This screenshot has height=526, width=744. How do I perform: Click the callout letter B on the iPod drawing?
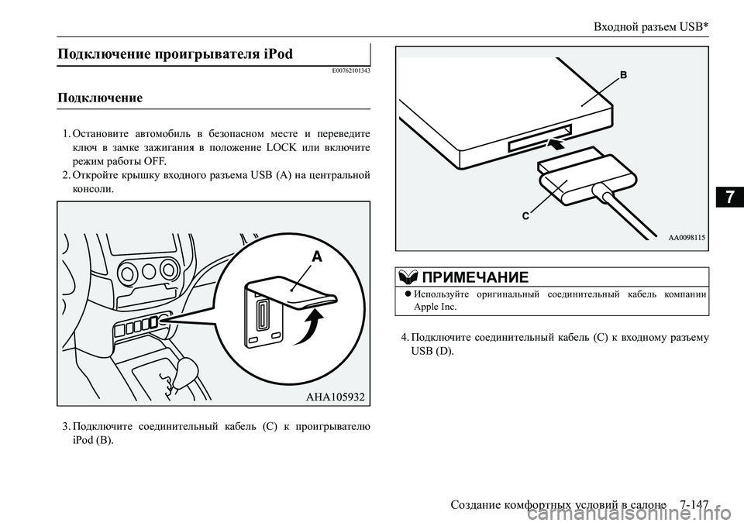(x=622, y=76)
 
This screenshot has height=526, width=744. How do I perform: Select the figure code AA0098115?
(x=687, y=239)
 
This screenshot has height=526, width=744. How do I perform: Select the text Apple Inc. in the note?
(x=436, y=307)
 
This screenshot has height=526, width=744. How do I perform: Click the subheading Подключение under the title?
(x=99, y=98)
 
